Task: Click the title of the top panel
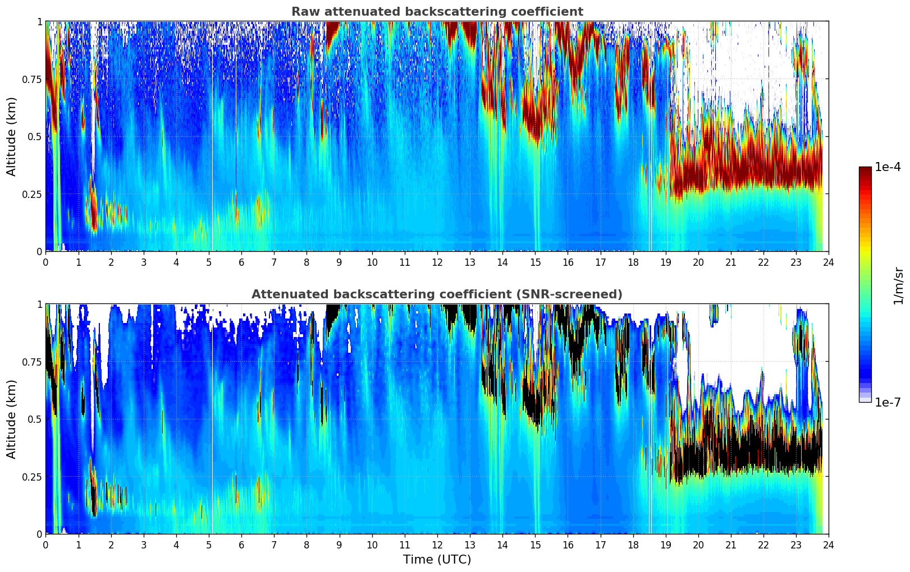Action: (437, 12)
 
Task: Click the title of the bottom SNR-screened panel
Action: (437, 294)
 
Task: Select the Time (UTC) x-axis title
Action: (437, 560)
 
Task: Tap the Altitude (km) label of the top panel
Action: (12, 136)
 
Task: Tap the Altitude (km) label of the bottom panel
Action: (12, 419)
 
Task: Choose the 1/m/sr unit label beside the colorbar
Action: (898, 286)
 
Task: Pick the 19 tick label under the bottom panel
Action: (666, 545)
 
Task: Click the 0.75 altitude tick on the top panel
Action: (32, 79)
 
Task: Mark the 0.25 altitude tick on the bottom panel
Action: (32, 477)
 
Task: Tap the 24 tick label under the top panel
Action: (829, 262)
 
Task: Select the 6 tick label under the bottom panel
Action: (241, 545)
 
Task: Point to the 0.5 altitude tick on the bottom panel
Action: (35, 419)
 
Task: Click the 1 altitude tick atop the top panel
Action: (39, 22)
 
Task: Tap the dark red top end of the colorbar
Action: (865, 170)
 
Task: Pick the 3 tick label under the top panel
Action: (144, 262)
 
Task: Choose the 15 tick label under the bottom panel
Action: (536, 545)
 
